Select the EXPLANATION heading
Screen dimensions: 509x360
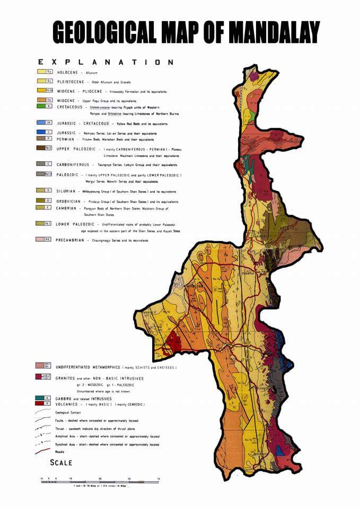point(106,62)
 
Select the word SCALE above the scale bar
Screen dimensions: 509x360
point(61,462)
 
